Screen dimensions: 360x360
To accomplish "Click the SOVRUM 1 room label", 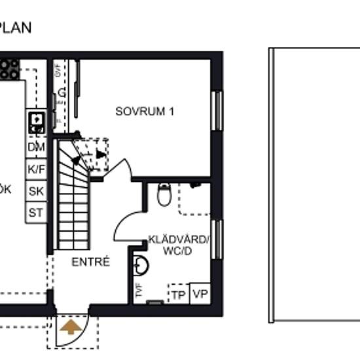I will (x=145, y=111).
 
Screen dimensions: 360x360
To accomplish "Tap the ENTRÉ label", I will (x=91, y=262).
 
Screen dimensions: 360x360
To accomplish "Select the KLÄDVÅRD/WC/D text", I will (x=178, y=245).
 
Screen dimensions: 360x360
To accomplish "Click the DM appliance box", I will (x=36, y=147).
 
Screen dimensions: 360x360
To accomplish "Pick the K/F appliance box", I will (x=36, y=169).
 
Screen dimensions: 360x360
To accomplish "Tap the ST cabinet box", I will (x=36, y=212).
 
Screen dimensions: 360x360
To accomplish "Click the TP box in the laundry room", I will (x=178, y=295).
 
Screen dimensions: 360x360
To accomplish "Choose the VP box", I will (x=200, y=295).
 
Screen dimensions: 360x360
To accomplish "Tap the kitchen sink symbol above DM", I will (x=36, y=120).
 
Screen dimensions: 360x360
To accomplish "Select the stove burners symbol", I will (x=9, y=69).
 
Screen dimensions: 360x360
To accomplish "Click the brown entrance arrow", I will (x=70, y=325).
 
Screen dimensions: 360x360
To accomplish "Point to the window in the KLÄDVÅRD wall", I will (x=217, y=239).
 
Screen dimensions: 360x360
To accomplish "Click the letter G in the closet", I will (x=62, y=93).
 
